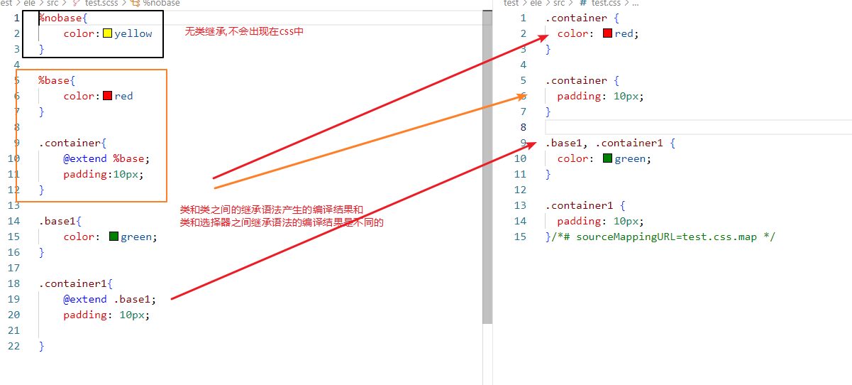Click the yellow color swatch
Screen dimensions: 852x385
107,33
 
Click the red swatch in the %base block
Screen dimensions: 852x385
107,96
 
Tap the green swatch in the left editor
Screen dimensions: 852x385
114,237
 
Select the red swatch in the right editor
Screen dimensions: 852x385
607,33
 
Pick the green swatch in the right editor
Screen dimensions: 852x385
607,158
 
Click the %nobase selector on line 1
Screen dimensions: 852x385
57,18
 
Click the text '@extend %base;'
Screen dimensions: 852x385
106,158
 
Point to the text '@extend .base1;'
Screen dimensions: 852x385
109,299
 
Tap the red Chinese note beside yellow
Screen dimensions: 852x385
244,32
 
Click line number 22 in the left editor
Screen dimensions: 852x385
14,346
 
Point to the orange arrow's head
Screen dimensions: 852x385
523,96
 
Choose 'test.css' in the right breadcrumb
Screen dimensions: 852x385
607,4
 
